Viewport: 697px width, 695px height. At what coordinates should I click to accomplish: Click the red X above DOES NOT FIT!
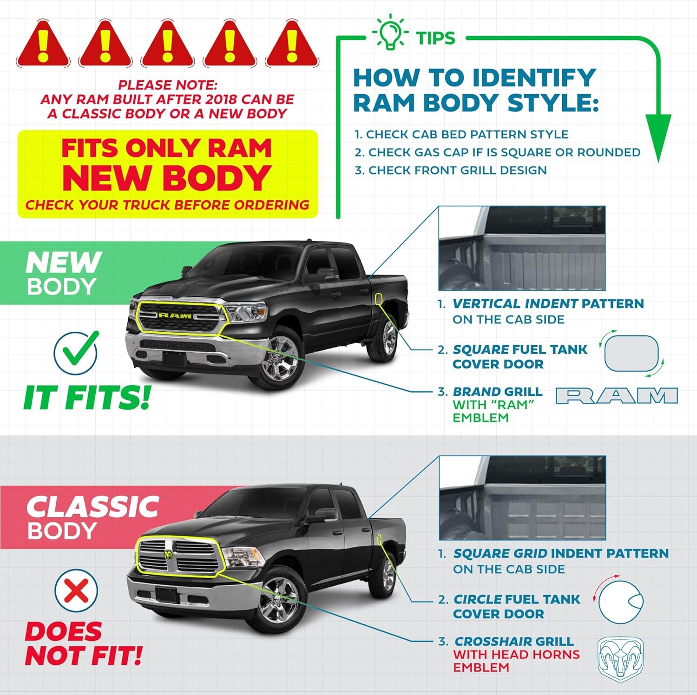(x=77, y=591)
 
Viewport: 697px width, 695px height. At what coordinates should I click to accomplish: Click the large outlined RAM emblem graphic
(x=617, y=396)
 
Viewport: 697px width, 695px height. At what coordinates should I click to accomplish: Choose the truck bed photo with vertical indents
(x=522, y=249)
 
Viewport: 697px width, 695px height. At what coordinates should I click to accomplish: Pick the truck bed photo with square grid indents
(x=522, y=498)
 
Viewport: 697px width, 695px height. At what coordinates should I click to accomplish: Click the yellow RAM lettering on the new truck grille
(x=175, y=315)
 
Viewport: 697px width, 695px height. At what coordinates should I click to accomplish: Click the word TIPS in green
(x=435, y=39)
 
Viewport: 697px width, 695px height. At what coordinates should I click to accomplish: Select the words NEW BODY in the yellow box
(x=167, y=178)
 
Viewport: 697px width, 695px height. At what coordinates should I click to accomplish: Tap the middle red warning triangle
(x=167, y=43)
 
